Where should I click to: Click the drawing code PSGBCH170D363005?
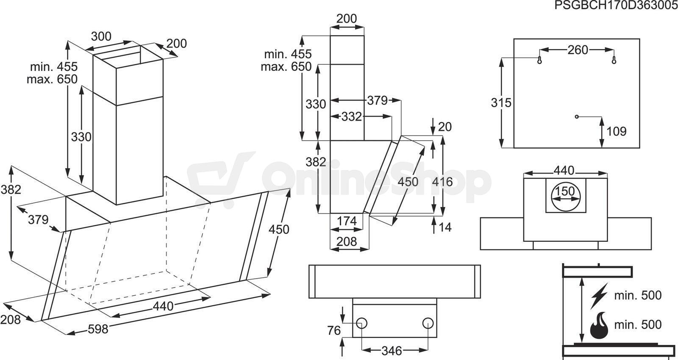[x=616, y=5]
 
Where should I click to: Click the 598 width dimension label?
[x=98, y=329]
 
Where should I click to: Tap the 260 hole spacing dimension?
[x=578, y=50]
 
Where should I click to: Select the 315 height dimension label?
[x=501, y=102]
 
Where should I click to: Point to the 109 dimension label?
[x=616, y=131]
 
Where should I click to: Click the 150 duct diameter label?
[x=565, y=191]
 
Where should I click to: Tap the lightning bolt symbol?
[x=599, y=296]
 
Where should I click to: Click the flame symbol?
[x=599, y=325]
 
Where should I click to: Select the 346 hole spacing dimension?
[x=392, y=351]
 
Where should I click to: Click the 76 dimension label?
[x=334, y=331]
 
